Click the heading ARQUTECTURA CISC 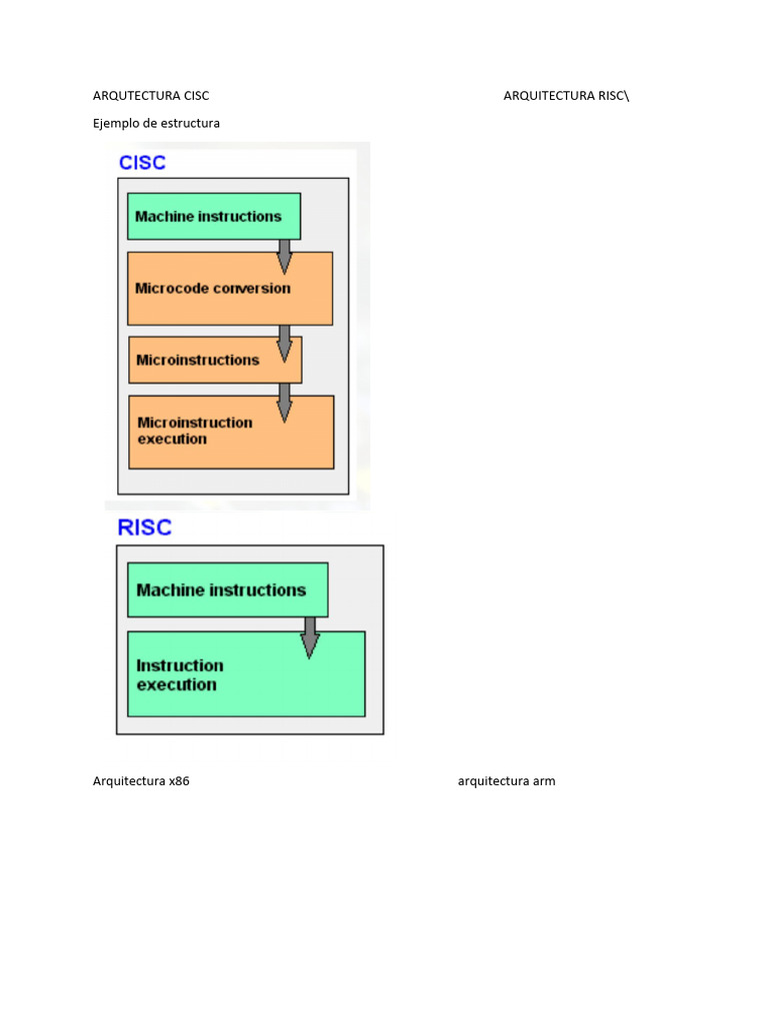[151, 96]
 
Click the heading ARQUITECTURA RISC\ [567, 96]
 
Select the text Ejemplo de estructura [156, 123]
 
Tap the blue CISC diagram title [142, 163]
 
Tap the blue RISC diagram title [145, 527]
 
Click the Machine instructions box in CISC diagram [213, 217]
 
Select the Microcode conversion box [229, 289]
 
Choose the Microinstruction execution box [231, 432]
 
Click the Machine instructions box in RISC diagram [227, 590]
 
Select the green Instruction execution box [245, 675]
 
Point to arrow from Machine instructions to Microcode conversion [285, 256]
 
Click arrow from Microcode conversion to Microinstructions [285, 343]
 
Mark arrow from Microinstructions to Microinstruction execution [285, 402]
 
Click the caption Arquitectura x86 [141, 781]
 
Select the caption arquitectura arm [506, 781]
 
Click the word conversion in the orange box [252, 289]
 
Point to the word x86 [179, 781]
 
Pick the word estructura [189, 123]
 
